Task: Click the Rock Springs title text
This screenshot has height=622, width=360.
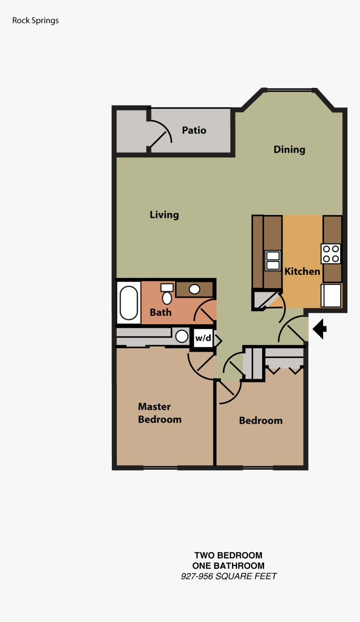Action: [x=36, y=20]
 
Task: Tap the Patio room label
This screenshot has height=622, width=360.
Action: [x=194, y=131]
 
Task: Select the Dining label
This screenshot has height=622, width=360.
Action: [x=289, y=150]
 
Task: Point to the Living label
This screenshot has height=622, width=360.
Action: [x=164, y=215]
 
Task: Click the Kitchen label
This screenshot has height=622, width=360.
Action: [x=302, y=271]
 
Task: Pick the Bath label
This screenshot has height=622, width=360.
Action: [x=160, y=312]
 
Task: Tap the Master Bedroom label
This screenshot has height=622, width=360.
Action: [x=159, y=413]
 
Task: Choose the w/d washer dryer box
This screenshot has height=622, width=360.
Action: [x=203, y=338]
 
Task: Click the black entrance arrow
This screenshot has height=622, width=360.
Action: [x=320, y=329]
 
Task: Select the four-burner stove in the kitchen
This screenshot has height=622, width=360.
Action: [x=331, y=254]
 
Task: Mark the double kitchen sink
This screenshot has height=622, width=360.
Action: [x=273, y=261]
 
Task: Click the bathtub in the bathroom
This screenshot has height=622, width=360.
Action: [x=129, y=302]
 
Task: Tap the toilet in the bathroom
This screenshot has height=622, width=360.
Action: [x=167, y=295]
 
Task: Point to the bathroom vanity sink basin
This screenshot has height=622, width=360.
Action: [x=194, y=289]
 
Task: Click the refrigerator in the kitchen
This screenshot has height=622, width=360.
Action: [x=331, y=295]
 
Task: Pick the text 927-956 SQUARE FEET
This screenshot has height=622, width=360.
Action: [x=229, y=576]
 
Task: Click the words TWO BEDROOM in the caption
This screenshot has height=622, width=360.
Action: [x=228, y=555]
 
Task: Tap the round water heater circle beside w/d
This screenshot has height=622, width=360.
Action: [x=182, y=336]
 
